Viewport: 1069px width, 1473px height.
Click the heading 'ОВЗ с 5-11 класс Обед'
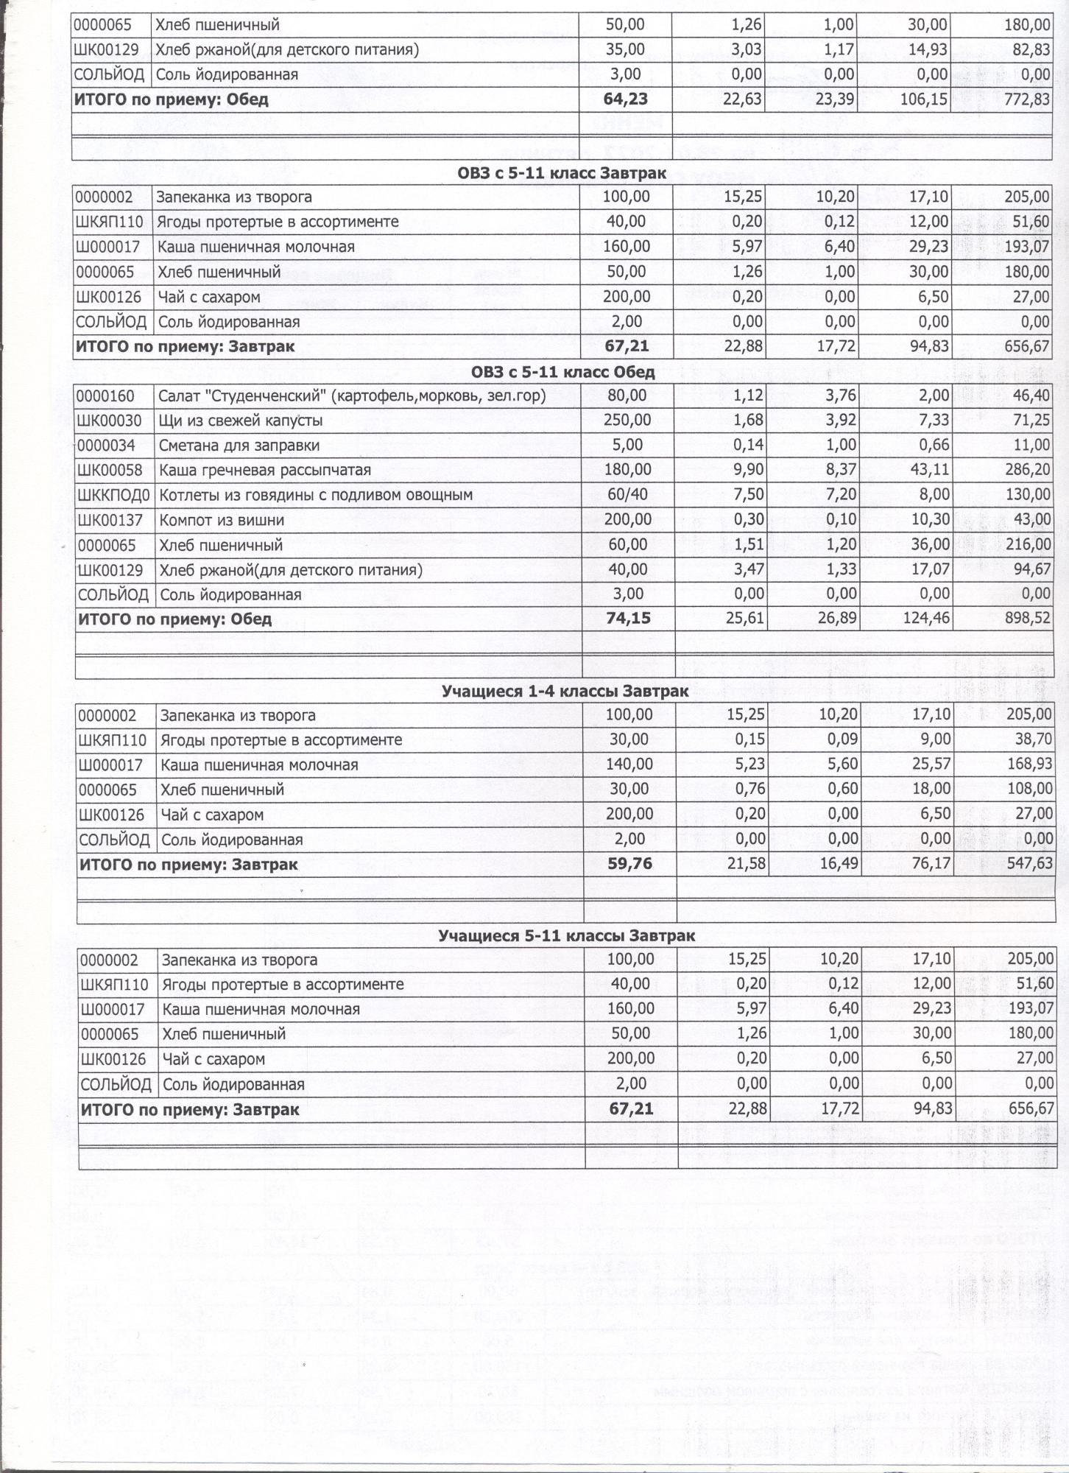click(563, 372)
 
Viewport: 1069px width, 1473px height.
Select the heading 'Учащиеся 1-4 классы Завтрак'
click(565, 691)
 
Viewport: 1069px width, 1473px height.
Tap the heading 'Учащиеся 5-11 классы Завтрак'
click(566, 935)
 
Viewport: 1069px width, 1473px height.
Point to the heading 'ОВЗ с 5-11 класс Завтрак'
click(562, 174)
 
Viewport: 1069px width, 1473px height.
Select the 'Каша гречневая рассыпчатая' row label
click(265, 470)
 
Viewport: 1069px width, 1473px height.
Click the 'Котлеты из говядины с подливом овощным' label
click(316, 495)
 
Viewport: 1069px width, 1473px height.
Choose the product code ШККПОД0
click(113, 495)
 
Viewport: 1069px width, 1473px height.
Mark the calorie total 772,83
click(1026, 99)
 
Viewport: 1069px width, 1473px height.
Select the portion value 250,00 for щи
click(627, 421)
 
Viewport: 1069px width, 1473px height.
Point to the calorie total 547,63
click(1029, 863)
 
